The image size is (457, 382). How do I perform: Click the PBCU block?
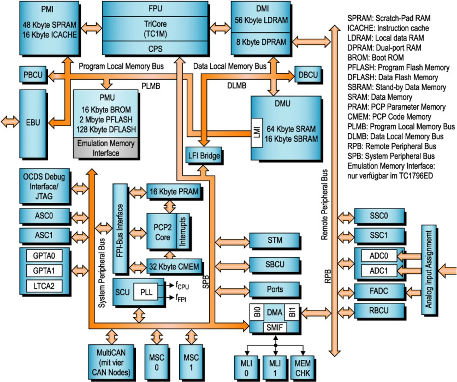tap(33, 75)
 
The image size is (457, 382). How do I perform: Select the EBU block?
tap(33, 123)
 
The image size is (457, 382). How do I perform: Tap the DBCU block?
tap(308, 75)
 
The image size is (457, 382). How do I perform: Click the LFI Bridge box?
tap(204, 156)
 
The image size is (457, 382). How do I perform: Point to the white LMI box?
tap(257, 132)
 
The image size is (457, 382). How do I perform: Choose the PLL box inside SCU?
tap(146, 292)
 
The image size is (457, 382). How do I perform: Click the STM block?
tap(275, 240)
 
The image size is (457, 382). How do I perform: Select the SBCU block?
tap(275, 265)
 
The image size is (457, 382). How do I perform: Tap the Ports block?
tap(275, 289)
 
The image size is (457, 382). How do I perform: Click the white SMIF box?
tap(274, 327)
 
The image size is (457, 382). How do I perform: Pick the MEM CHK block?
tap(302, 368)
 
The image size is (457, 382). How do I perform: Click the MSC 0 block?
tap(156, 362)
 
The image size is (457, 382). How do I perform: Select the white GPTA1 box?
tap(44, 271)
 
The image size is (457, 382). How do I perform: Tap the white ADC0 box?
tap(378, 256)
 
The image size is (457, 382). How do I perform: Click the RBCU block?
tap(379, 311)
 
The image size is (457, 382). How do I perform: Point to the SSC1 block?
tap(379, 236)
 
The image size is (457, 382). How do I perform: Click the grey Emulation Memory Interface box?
tap(106, 148)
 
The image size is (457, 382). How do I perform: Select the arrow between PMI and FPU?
tap(91, 28)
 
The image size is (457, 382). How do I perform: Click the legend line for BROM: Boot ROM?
tap(376, 58)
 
